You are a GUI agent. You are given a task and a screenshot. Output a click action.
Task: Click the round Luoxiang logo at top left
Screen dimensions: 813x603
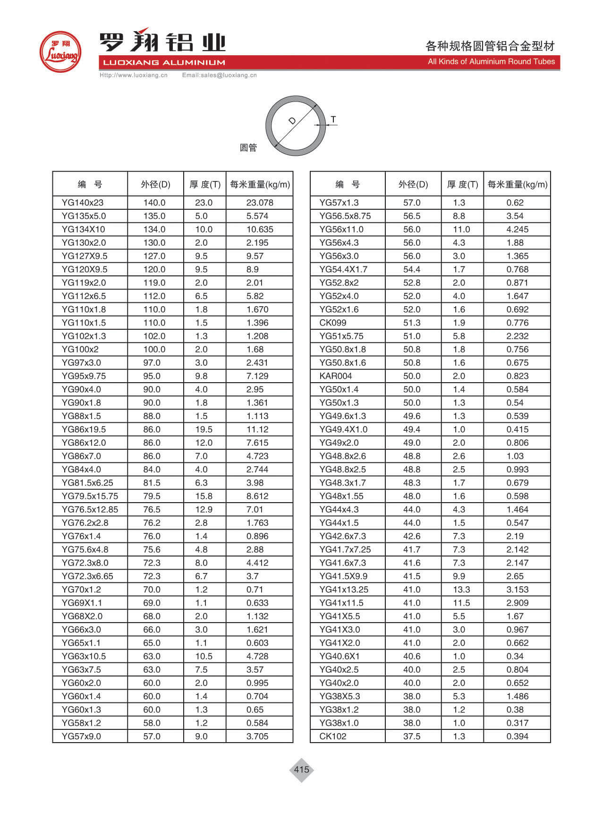[60, 52]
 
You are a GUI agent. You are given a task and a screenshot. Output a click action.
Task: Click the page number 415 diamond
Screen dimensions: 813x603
[301, 770]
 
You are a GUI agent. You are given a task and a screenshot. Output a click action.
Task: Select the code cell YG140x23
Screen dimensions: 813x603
[83, 203]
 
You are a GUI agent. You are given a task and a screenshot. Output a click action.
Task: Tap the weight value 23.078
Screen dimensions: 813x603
[260, 203]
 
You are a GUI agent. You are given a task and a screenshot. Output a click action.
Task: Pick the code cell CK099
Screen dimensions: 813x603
[333, 323]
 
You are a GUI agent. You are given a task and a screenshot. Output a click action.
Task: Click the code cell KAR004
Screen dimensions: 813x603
[336, 376]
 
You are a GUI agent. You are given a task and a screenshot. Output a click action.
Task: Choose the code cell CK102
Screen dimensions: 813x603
[333, 736]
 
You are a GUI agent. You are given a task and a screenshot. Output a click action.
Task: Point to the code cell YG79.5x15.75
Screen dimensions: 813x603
[90, 496]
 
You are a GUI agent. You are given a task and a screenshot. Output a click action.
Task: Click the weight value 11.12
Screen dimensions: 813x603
[257, 429]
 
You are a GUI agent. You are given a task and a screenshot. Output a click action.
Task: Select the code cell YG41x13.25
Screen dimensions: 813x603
[344, 590]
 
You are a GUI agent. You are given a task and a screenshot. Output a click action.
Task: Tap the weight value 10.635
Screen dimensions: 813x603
[260, 229]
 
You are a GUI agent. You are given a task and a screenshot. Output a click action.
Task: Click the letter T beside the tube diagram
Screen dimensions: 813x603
[333, 120]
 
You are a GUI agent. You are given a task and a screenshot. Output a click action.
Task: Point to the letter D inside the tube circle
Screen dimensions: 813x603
[292, 121]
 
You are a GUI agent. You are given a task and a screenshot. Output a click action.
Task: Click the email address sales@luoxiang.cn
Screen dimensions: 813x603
[220, 75]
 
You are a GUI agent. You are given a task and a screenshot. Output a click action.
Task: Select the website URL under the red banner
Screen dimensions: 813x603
[134, 75]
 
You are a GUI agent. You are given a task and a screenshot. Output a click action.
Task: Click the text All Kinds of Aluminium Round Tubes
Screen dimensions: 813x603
[491, 61]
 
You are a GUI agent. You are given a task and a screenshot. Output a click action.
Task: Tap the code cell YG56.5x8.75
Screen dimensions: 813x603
[345, 216]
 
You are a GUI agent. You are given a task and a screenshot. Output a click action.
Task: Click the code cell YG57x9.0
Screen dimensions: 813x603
[81, 736]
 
